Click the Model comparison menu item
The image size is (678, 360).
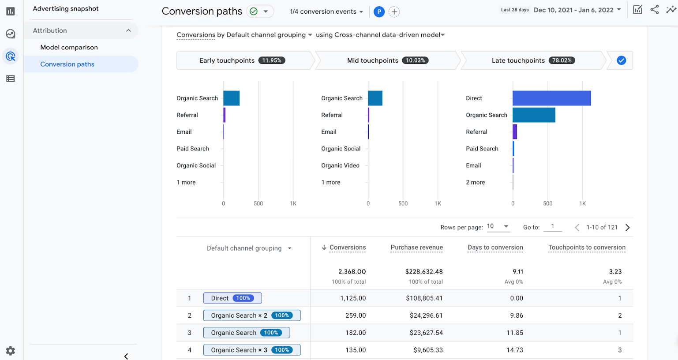(x=69, y=47)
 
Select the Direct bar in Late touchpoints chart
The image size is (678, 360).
(x=551, y=98)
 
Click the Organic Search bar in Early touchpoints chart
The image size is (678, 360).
(x=231, y=98)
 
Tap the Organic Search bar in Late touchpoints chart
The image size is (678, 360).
(x=534, y=115)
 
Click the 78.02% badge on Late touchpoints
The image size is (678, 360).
(x=562, y=60)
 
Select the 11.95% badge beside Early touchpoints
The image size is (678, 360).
(x=271, y=60)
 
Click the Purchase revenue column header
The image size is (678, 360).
(x=416, y=247)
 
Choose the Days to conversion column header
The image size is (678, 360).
(x=495, y=247)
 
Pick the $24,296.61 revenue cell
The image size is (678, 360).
(x=424, y=315)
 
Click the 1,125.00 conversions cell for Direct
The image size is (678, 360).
(x=353, y=298)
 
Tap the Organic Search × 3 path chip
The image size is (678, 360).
(x=251, y=350)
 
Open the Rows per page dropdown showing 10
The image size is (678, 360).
(x=498, y=226)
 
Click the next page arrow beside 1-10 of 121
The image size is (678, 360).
(x=627, y=228)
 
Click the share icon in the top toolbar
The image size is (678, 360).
(x=655, y=10)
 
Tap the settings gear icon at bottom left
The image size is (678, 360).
(x=11, y=351)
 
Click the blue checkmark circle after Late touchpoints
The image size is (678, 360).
(x=621, y=60)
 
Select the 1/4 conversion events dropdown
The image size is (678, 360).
(x=326, y=11)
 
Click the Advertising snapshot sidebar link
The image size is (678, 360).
(x=66, y=9)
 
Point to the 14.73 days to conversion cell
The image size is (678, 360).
(x=514, y=350)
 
